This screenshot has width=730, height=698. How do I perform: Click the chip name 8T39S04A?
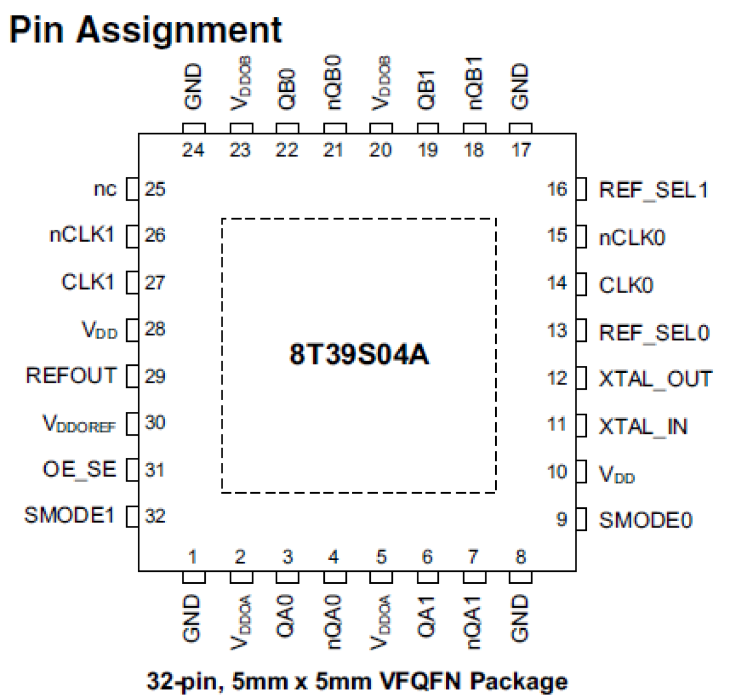[359, 354]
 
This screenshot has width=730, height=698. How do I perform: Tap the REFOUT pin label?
[71, 376]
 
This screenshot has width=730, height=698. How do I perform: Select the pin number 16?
[557, 189]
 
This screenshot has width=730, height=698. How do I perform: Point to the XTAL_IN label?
[643, 426]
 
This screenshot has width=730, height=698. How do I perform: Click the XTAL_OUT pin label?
[655, 379]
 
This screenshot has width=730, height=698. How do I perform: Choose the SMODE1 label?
[69, 515]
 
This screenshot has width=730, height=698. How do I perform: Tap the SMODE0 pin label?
[645, 520]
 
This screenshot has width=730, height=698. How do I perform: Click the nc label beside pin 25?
[105, 189]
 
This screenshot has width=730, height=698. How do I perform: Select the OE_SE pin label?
[79, 469]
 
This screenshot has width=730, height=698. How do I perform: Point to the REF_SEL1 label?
[653, 190]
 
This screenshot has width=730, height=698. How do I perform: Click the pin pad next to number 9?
[581, 519]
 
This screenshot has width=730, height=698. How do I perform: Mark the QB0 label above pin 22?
[287, 89]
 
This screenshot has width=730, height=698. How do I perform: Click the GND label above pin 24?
[193, 87]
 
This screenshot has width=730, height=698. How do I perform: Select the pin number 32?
[155, 516]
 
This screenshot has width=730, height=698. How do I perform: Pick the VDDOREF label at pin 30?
[79, 423]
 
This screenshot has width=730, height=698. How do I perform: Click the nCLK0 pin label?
[632, 238]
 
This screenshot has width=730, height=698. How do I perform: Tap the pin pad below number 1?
[194, 577]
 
